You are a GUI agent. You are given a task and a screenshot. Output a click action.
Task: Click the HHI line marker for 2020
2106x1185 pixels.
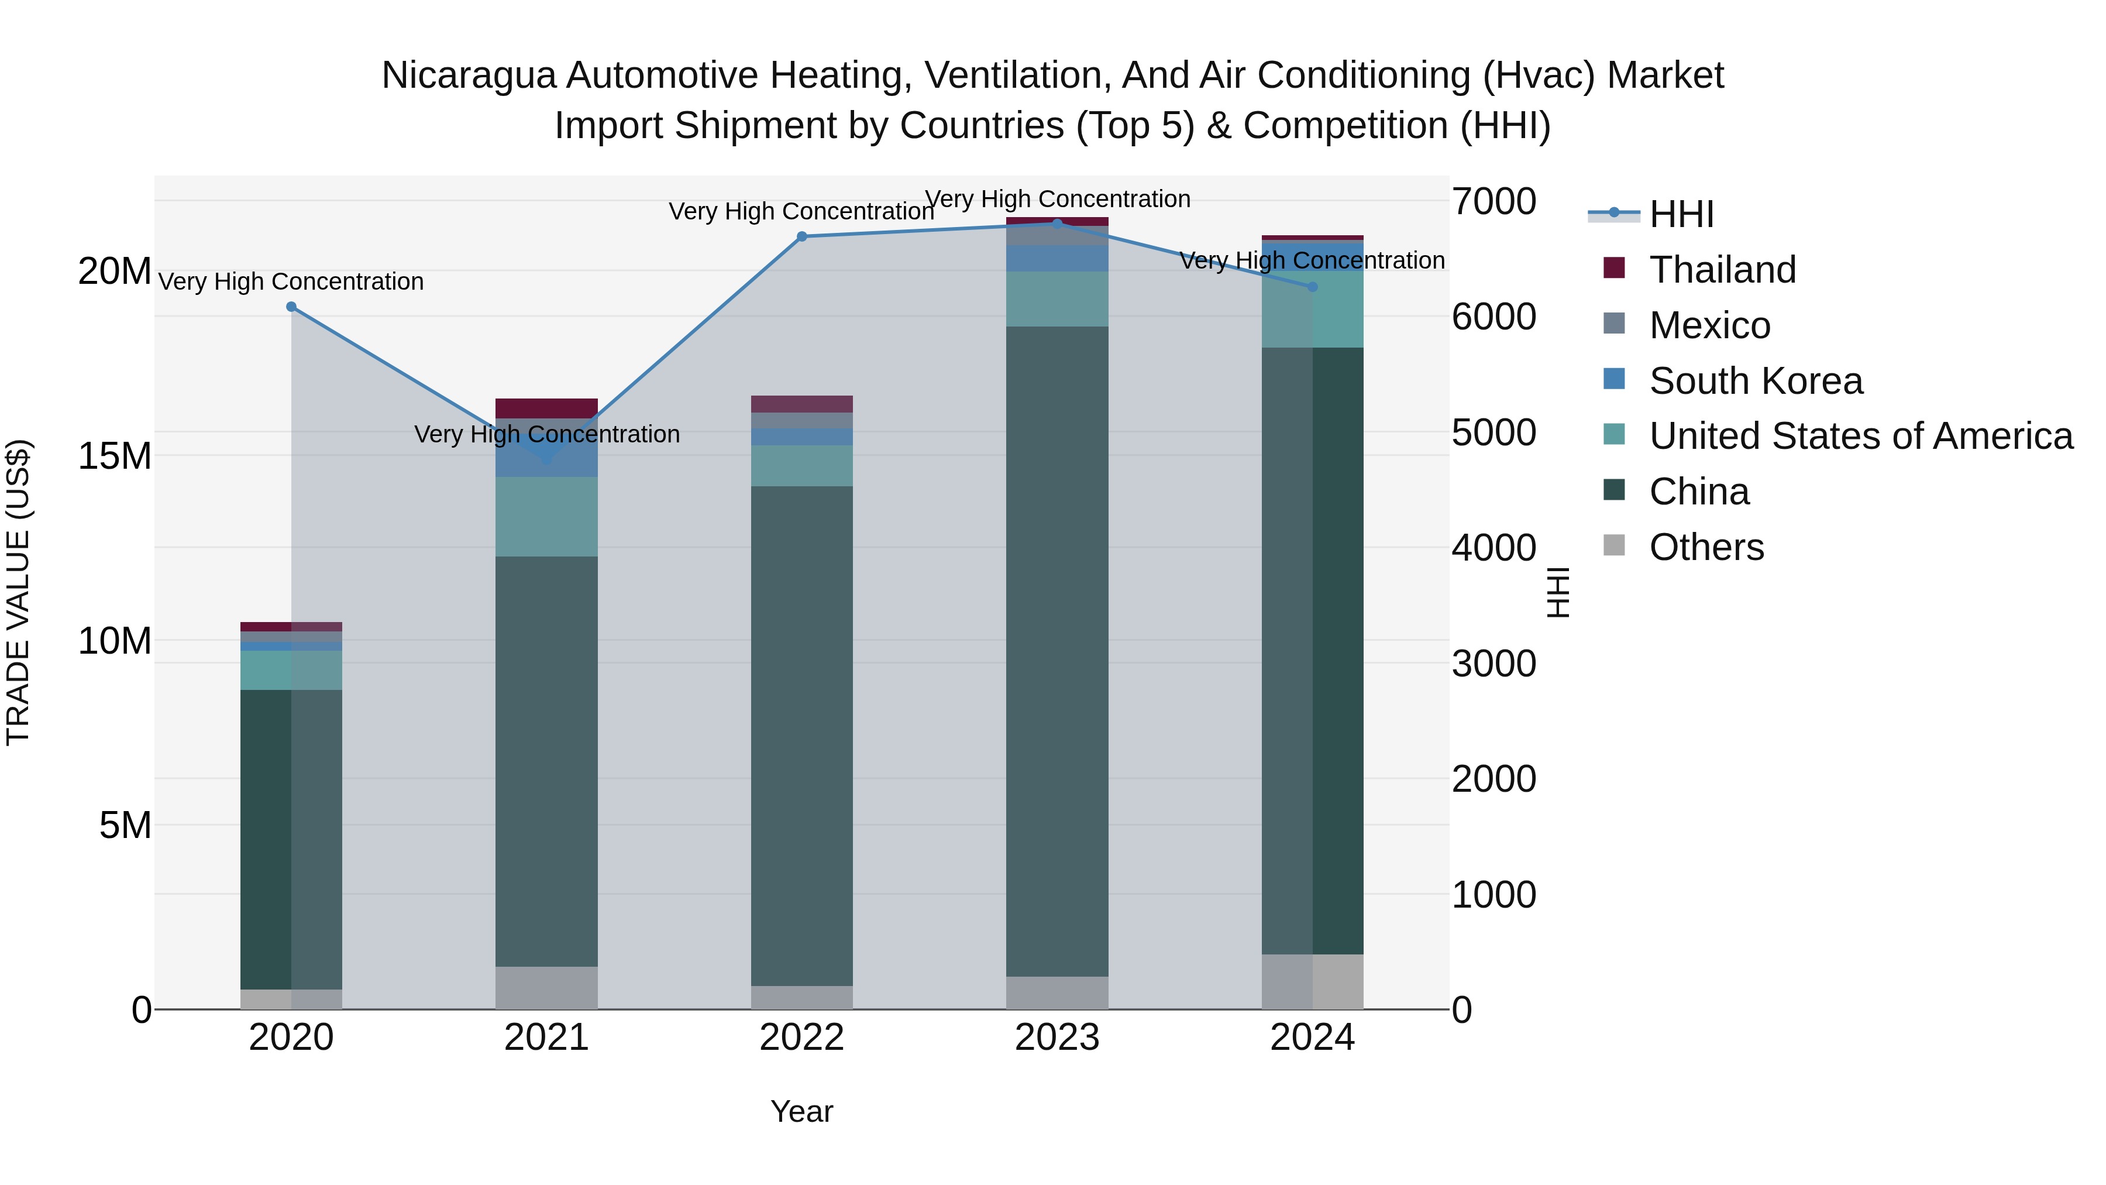pos(291,307)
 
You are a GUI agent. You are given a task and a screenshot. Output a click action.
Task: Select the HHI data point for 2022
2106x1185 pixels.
pos(802,236)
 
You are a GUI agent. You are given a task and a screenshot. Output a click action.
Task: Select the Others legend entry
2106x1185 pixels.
pos(1706,547)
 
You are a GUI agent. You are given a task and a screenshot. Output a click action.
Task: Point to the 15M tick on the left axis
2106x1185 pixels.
pos(115,455)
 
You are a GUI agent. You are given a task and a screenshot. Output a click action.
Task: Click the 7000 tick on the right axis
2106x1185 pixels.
pos(1494,201)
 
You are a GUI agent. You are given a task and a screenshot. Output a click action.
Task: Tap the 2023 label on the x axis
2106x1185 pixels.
pos(1057,1038)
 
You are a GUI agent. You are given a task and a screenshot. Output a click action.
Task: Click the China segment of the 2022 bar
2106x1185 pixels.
pos(802,736)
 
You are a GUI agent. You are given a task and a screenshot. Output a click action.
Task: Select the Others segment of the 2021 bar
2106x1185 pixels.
pos(546,988)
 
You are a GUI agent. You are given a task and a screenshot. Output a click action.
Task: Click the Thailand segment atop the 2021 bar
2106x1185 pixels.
pos(546,408)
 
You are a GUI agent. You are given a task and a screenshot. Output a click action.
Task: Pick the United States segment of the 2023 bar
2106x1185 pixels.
pos(1057,298)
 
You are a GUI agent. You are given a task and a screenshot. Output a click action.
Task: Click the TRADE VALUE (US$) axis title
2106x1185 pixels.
pos(18,592)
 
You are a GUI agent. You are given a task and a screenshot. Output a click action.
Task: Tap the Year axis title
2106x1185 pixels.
pos(801,1111)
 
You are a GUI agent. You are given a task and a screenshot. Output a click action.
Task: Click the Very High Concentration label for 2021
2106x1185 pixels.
pos(547,434)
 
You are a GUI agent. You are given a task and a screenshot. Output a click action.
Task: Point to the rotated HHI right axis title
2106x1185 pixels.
pos(1559,592)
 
